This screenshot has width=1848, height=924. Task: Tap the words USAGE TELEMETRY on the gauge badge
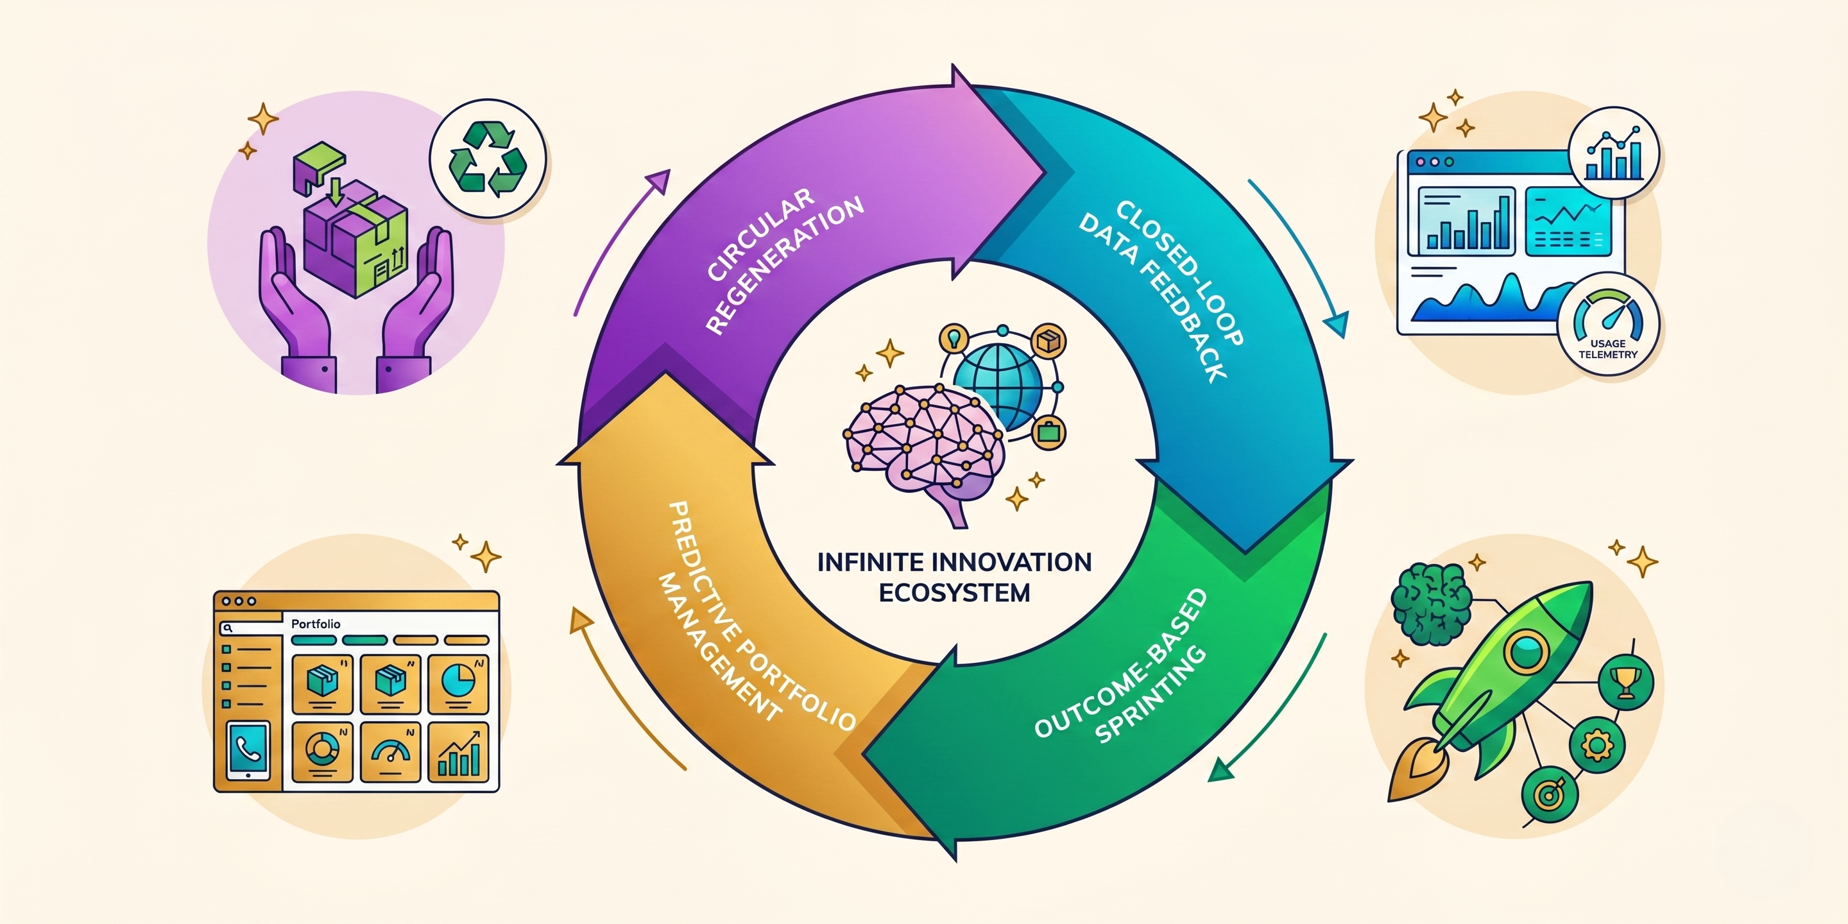[x=1607, y=349]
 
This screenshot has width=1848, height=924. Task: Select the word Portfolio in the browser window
[x=316, y=624]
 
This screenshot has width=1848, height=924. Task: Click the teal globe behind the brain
[x=998, y=384]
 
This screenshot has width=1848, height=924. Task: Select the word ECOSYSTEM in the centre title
[x=954, y=592]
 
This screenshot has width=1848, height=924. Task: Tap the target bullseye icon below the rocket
[x=1550, y=795]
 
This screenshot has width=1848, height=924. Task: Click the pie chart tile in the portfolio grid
[x=457, y=683]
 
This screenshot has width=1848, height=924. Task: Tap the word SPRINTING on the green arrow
[x=1151, y=695]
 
